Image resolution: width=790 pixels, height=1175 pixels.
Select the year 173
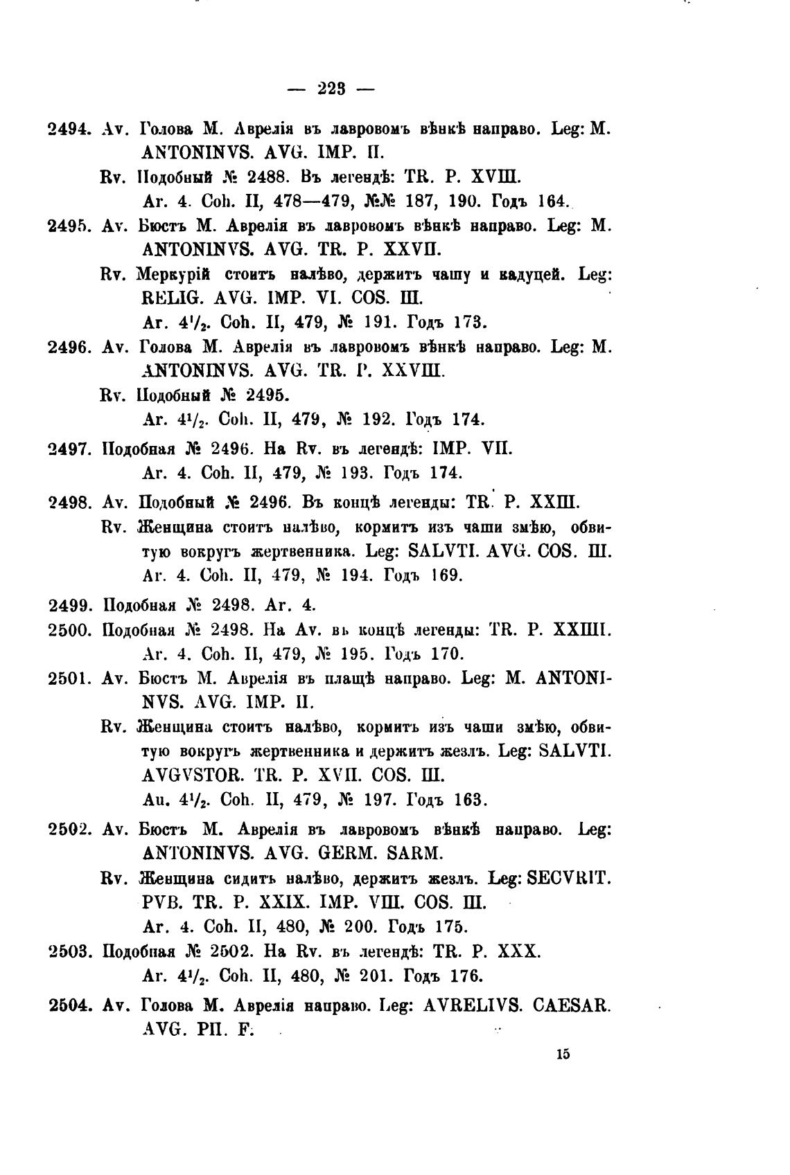[471, 322]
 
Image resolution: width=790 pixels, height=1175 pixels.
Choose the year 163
[471, 800]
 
